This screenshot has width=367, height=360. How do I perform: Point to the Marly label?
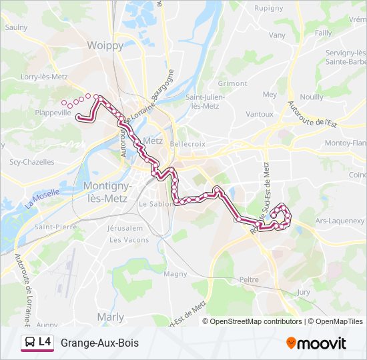[110, 317]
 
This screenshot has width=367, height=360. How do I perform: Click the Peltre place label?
[249, 280]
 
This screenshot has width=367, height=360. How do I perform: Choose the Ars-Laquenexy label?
[340, 220]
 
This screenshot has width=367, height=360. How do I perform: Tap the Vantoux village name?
[260, 114]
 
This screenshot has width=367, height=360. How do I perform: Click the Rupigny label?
[269, 9]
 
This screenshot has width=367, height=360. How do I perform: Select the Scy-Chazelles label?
[28, 161]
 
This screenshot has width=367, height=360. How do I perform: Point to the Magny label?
[175, 273]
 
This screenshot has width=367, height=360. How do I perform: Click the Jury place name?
[304, 292]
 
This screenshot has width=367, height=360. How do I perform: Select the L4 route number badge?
[45, 343]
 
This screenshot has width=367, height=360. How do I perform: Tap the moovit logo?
[316, 343]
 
